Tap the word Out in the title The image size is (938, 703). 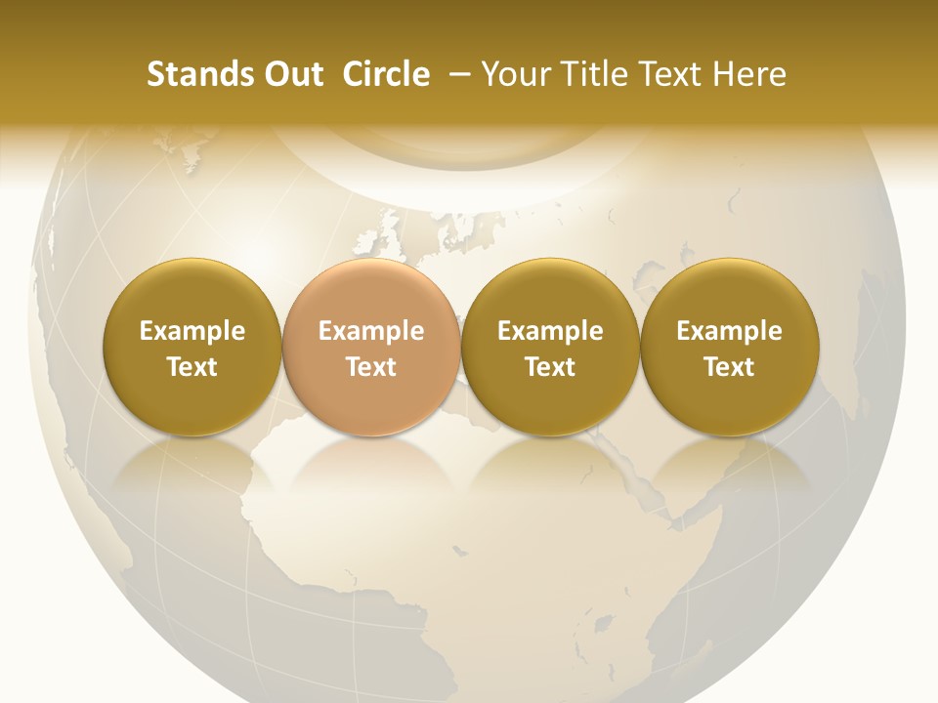(x=290, y=74)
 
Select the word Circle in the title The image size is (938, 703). (x=386, y=74)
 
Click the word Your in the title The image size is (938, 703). (x=512, y=74)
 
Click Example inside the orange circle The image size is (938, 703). (x=371, y=331)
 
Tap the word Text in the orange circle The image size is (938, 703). (x=371, y=367)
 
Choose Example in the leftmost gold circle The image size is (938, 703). (x=192, y=331)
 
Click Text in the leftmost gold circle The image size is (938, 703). (x=192, y=367)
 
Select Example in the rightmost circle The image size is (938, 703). (x=729, y=331)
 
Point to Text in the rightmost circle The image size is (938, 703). (x=729, y=367)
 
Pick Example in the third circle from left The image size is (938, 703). (x=550, y=331)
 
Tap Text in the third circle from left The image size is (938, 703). (x=550, y=367)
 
